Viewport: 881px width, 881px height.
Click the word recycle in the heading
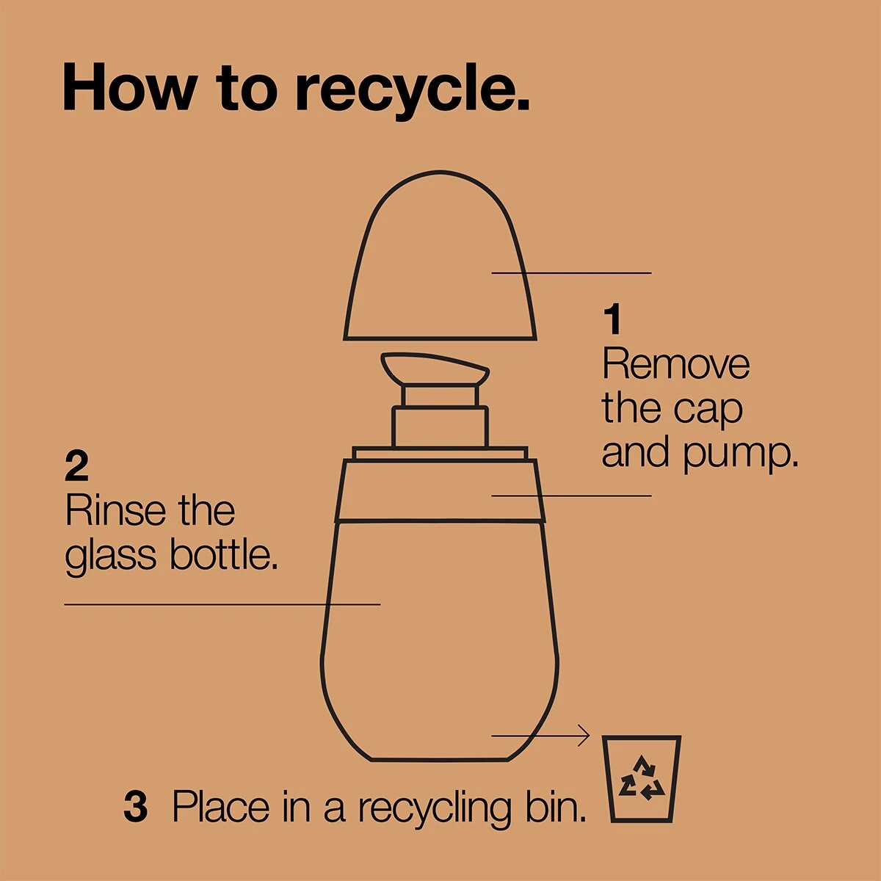[x=413, y=90]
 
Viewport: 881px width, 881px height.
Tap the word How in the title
[x=131, y=87]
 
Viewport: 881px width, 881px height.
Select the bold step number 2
[x=76, y=466]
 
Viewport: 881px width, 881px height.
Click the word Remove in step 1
[x=675, y=363]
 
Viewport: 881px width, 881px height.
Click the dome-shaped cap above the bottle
[x=440, y=255]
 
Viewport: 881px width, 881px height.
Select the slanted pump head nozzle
[x=435, y=369]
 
